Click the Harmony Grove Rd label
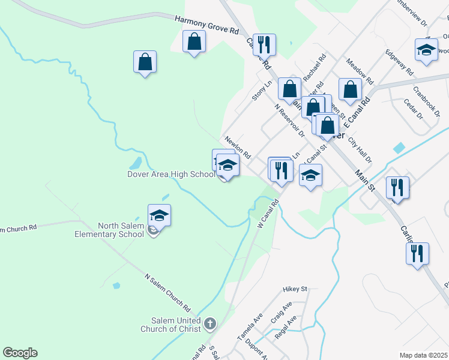tap(206, 25)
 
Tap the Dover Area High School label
tap(170, 175)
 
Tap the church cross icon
tap(209, 325)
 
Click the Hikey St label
tap(295, 289)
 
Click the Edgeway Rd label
tap(400, 62)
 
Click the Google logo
tap(20, 353)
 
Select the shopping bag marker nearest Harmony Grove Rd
tap(194, 42)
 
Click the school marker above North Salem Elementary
tap(159, 215)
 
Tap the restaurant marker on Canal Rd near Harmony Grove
tap(264, 44)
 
